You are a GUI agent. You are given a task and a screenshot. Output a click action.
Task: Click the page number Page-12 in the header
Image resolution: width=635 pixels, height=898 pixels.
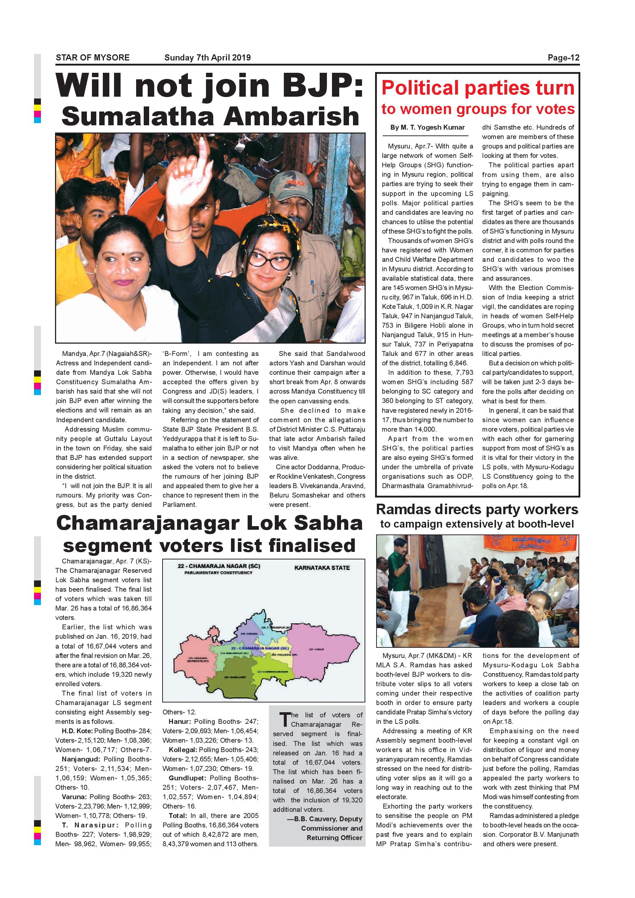[x=563, y=58]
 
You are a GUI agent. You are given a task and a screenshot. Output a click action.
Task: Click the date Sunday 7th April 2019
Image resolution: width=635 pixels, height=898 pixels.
[x=207, y=58]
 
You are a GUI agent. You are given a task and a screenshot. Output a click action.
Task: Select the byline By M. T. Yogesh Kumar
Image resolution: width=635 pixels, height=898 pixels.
[x=427, y=127]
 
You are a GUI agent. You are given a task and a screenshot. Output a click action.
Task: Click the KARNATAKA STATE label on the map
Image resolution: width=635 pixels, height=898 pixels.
[x=322, y=567]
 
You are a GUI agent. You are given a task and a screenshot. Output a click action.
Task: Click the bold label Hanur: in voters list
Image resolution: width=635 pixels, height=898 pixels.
[x=180, y=722]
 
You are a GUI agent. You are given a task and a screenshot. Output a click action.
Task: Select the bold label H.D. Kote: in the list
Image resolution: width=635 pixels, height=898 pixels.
[x=77, y=731]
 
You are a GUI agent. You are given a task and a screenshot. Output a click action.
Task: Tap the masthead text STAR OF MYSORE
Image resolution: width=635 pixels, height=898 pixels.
[x=93, y=58]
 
